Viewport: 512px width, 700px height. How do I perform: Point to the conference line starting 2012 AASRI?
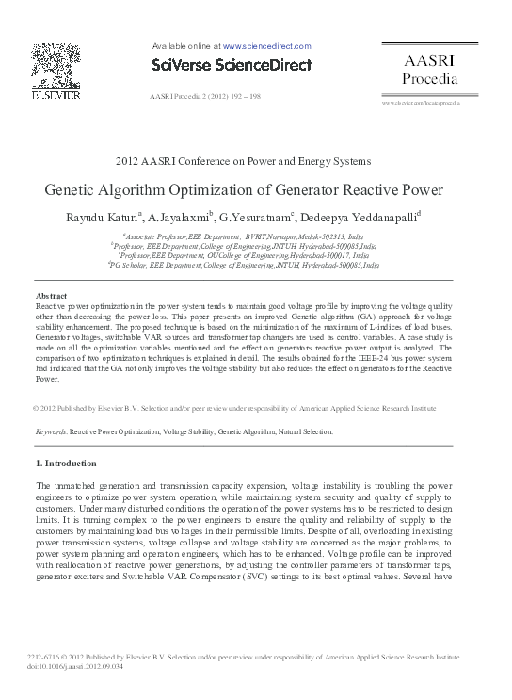point(243,161)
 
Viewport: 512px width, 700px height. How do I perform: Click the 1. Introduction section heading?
point(66,464)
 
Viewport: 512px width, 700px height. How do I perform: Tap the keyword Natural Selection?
point(307,431)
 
